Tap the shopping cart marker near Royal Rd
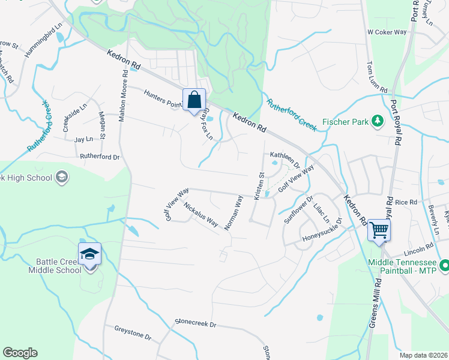pos(379,229)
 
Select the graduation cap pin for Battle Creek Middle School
pos(89,255)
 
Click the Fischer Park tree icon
pos(378,121)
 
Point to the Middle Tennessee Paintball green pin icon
pos(444,265)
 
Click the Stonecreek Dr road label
pos(195,323)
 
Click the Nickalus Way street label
pos(200,214)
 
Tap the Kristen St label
pos(260,186)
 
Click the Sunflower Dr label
pos(298,209)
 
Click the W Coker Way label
pos(387,32)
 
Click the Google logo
pos(20,353)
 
